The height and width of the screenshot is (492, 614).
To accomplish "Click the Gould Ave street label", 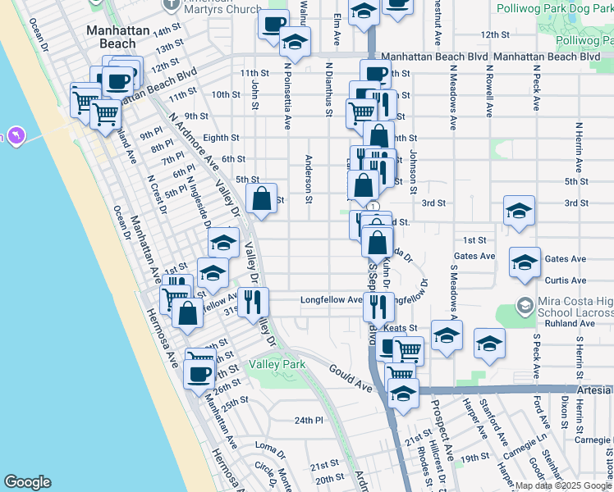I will pos(352,375).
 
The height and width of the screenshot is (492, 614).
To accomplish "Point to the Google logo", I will pos(27,482).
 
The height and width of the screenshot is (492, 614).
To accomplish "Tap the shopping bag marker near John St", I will pos(261,198).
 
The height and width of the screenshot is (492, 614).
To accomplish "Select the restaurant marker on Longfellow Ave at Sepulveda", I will pos(378,307).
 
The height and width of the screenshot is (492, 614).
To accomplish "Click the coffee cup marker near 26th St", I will pos(199,374).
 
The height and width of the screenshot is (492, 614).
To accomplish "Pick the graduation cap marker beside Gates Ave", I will pos(525,262).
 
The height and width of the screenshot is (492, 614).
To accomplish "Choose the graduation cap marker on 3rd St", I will pos(518,211).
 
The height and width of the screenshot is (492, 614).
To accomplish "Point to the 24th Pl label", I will pos(304,420).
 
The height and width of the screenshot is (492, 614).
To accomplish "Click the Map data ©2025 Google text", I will pos(563,485).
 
